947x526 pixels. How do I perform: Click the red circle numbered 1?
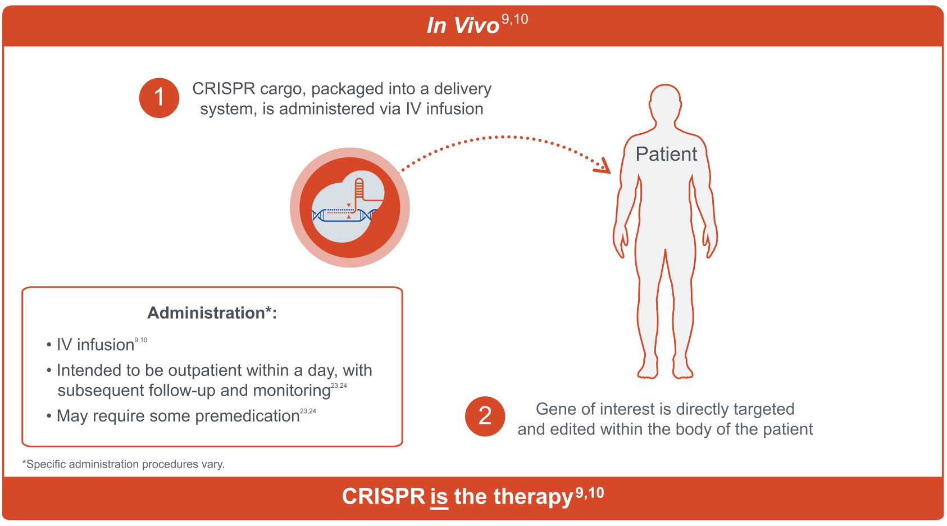pyautogui.click(x=159, y=98)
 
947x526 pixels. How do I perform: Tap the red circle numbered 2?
pyautogui.click(x=485, y=416)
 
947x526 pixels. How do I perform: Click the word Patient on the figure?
pyautogui.click(x=666, y=154)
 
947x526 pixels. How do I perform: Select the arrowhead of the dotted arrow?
pyautogui.click(x=605, y=167)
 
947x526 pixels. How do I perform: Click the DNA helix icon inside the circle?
pyautogui.click(x=344, y=215)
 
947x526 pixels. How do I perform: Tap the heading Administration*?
pyautogui.click(x=212, y=313)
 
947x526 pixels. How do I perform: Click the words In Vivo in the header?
pyautogui.click(x=462, y=26)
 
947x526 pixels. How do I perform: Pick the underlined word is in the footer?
pyautogui.click(x=439, y=497)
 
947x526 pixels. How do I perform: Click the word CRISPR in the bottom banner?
pyautogui.click(x=383, y=497)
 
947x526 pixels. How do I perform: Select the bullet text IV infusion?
pyautogui.click(x=95, y=345)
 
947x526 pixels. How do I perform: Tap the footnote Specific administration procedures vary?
pyautogui.click(x=124, y=465)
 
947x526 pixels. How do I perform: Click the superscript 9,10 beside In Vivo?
pyautogui.click(x=515, y=20)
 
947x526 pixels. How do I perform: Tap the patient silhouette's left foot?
pyautogui.click(x=684, y=371)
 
